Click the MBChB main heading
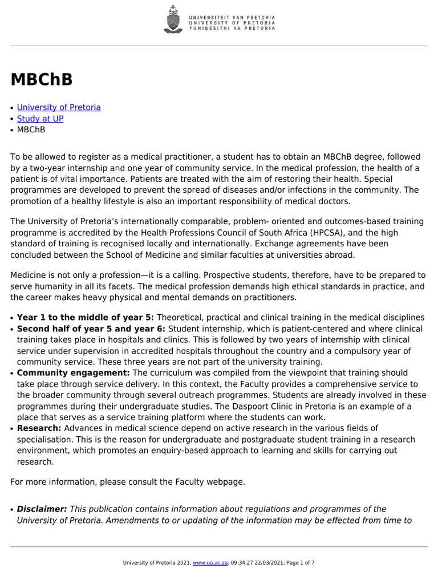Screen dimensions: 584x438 click(42, 80)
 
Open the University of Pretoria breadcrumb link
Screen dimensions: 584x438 click(59, 107)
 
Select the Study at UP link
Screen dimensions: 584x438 click(40, 119)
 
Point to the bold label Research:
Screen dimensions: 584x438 click(39, 428)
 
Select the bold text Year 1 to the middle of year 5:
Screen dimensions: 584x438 click(86, 318)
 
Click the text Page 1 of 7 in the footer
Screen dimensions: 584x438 click(301, 563)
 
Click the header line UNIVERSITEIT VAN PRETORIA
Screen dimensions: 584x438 click(232, 18)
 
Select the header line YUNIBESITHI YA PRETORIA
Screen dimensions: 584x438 click(232, 28)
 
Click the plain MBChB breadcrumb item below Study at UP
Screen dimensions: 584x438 click(31, 129)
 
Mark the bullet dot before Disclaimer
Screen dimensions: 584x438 click(13, 510)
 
